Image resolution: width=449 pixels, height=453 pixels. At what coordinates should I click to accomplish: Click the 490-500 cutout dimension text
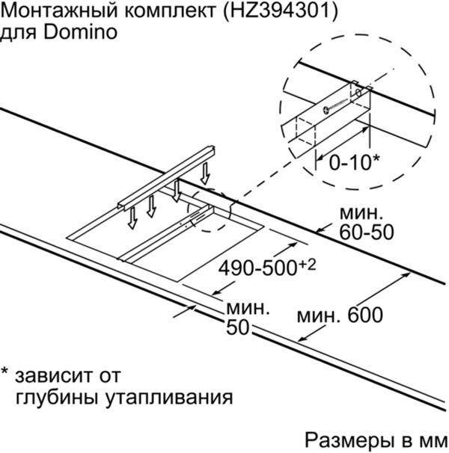click(257, 268)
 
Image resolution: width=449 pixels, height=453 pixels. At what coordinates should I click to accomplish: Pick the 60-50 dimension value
click(367, 232)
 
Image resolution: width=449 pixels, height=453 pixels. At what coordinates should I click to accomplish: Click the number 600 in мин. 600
click(365, 315)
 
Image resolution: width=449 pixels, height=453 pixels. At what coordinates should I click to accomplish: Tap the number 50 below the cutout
click(237, 327)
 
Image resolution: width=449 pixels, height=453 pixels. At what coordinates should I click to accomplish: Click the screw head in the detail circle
click(326, 111)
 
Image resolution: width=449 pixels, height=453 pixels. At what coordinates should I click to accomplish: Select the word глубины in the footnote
click(57, 398)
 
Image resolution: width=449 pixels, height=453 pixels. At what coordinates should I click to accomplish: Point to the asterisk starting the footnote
click(5, 371)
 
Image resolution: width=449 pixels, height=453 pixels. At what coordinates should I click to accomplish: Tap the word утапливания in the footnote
click(169, 398)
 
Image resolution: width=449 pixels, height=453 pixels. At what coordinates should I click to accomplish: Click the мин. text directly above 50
click(248, 308)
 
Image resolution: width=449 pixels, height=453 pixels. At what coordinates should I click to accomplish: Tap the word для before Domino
click(19, 33)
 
